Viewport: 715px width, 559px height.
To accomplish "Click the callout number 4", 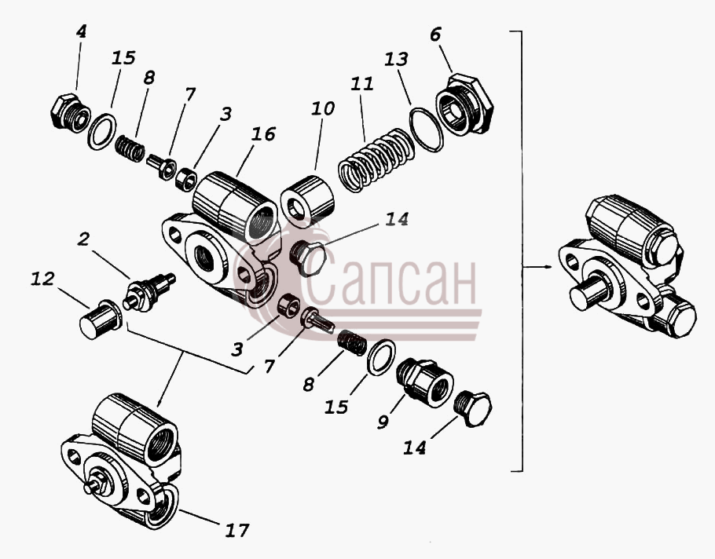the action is pos(81,32).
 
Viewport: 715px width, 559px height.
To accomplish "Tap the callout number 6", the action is pos(435,35).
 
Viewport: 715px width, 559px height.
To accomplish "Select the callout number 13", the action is pos(396,59).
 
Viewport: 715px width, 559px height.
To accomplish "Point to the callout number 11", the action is pos(362,84).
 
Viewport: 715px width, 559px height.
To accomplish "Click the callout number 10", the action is pos(323,108).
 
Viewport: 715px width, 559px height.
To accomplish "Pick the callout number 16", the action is pos(263,134).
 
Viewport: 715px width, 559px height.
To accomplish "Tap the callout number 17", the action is pos(237,530).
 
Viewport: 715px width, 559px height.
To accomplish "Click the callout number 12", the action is pos(42,279).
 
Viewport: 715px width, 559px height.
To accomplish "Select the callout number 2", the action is pos(83,239).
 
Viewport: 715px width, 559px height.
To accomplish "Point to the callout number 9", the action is pos(383,422).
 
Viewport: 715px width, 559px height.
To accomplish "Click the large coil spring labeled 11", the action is pos(376,160).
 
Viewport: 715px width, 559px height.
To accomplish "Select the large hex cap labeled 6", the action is pos(464,104).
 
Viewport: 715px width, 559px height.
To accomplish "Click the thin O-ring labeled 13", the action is pos(427,129).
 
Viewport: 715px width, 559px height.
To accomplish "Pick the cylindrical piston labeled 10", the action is pos(308,201).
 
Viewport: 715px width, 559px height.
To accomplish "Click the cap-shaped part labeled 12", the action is pos(101,319).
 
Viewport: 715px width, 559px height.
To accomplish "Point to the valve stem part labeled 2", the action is pos(149,292).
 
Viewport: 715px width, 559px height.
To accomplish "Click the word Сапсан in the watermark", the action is pos(389,278).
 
